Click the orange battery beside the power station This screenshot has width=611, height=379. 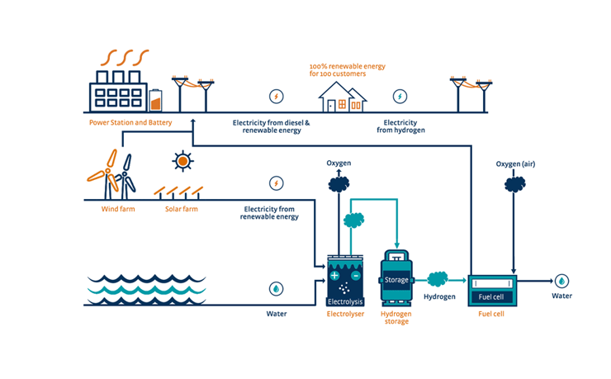pos(155,102)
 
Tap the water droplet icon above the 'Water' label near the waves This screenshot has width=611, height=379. pos(276,289)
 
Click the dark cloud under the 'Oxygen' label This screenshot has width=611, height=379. pos(339,184)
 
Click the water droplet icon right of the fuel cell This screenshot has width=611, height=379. pos(562,281)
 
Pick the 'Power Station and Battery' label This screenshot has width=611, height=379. pos(130,122)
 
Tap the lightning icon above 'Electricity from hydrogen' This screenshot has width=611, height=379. pos(400,96)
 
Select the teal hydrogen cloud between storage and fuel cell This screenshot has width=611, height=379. pos(438,279)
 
